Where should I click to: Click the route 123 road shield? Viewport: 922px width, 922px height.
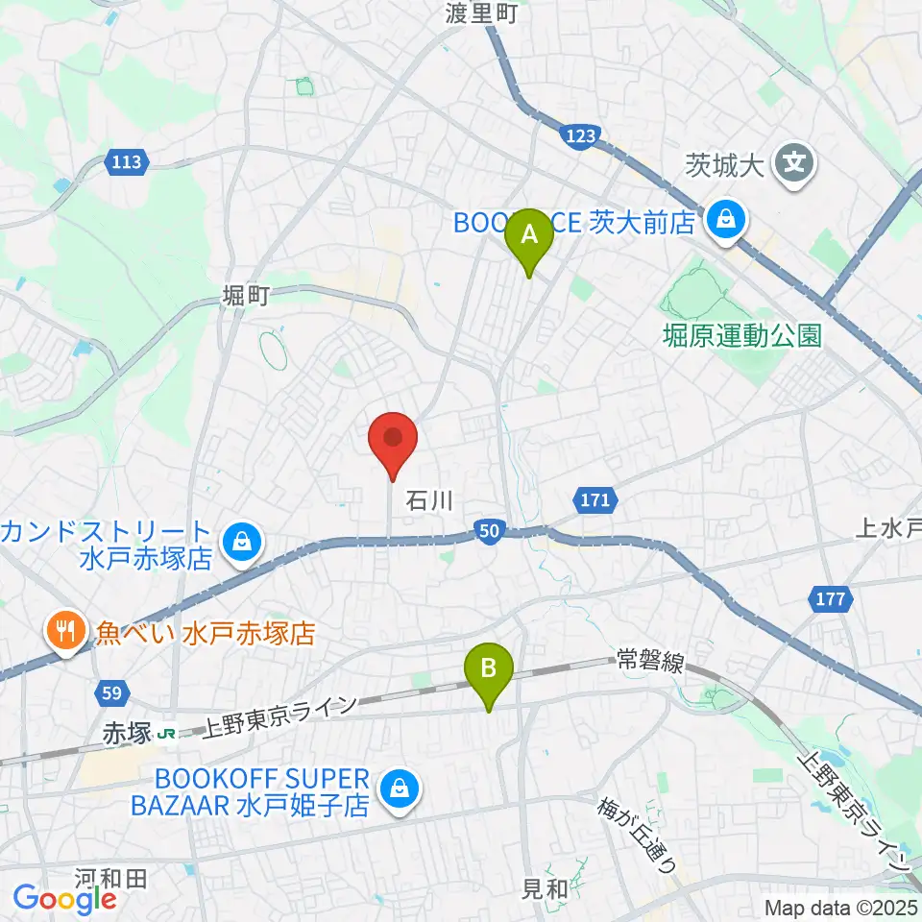click(x=582, y=137)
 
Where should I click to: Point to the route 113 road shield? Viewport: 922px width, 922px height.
click(x=127, y=162)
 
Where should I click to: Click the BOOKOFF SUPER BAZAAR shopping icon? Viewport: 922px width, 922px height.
click(x=396, y=791)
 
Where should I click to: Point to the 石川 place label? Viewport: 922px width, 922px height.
click(x=428, y=500)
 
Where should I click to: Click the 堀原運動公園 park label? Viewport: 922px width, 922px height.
click(x=743, y=335)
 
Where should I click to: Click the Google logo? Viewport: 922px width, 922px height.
click(x=64, y=899)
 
